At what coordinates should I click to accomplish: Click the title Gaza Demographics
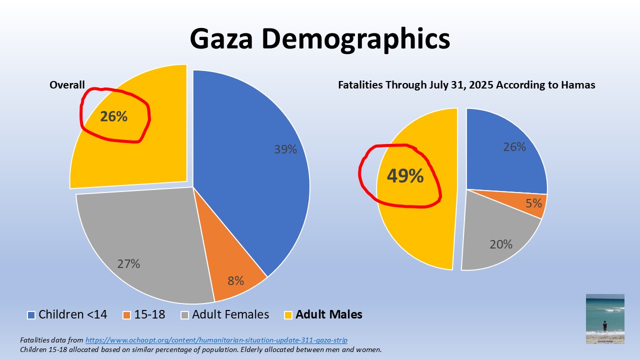click(x=319, y=39)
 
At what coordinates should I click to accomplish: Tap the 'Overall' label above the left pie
click(x=67, y=85)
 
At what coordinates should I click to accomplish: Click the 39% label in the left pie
click(x=285, y=149)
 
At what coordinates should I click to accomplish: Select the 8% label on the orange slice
click(x=235, y=281)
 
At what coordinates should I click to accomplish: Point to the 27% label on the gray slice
click(x=128, y=264)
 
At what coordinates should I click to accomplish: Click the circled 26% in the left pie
click(x=113, y=116)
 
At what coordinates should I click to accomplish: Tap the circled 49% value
click(x=404, y=176)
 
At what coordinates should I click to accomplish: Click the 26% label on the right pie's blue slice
click(x=514, y=147)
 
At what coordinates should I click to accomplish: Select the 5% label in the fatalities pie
click(x=533, y=203)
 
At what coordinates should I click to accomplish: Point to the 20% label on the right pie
click(x=500, y=244)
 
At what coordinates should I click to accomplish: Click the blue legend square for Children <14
click(x=31, y=315)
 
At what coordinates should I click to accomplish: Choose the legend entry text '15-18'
click(x=150, y=315)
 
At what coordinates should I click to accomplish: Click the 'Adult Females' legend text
click(x=230, y=315)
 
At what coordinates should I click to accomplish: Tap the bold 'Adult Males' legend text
click(x=329, y=315)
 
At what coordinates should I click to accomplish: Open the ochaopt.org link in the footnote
click(x=216, y=340)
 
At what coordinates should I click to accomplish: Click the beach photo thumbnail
click(x=605, y=318)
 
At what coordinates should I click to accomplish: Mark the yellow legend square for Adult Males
click(x=288, y=315)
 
